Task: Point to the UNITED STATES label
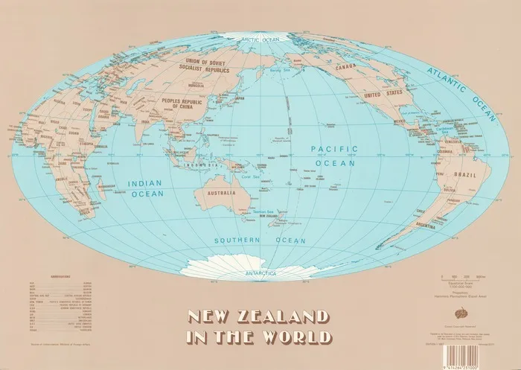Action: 383,95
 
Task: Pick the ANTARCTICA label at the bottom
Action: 256,274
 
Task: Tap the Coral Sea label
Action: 251,177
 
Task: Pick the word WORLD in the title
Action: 296,338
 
